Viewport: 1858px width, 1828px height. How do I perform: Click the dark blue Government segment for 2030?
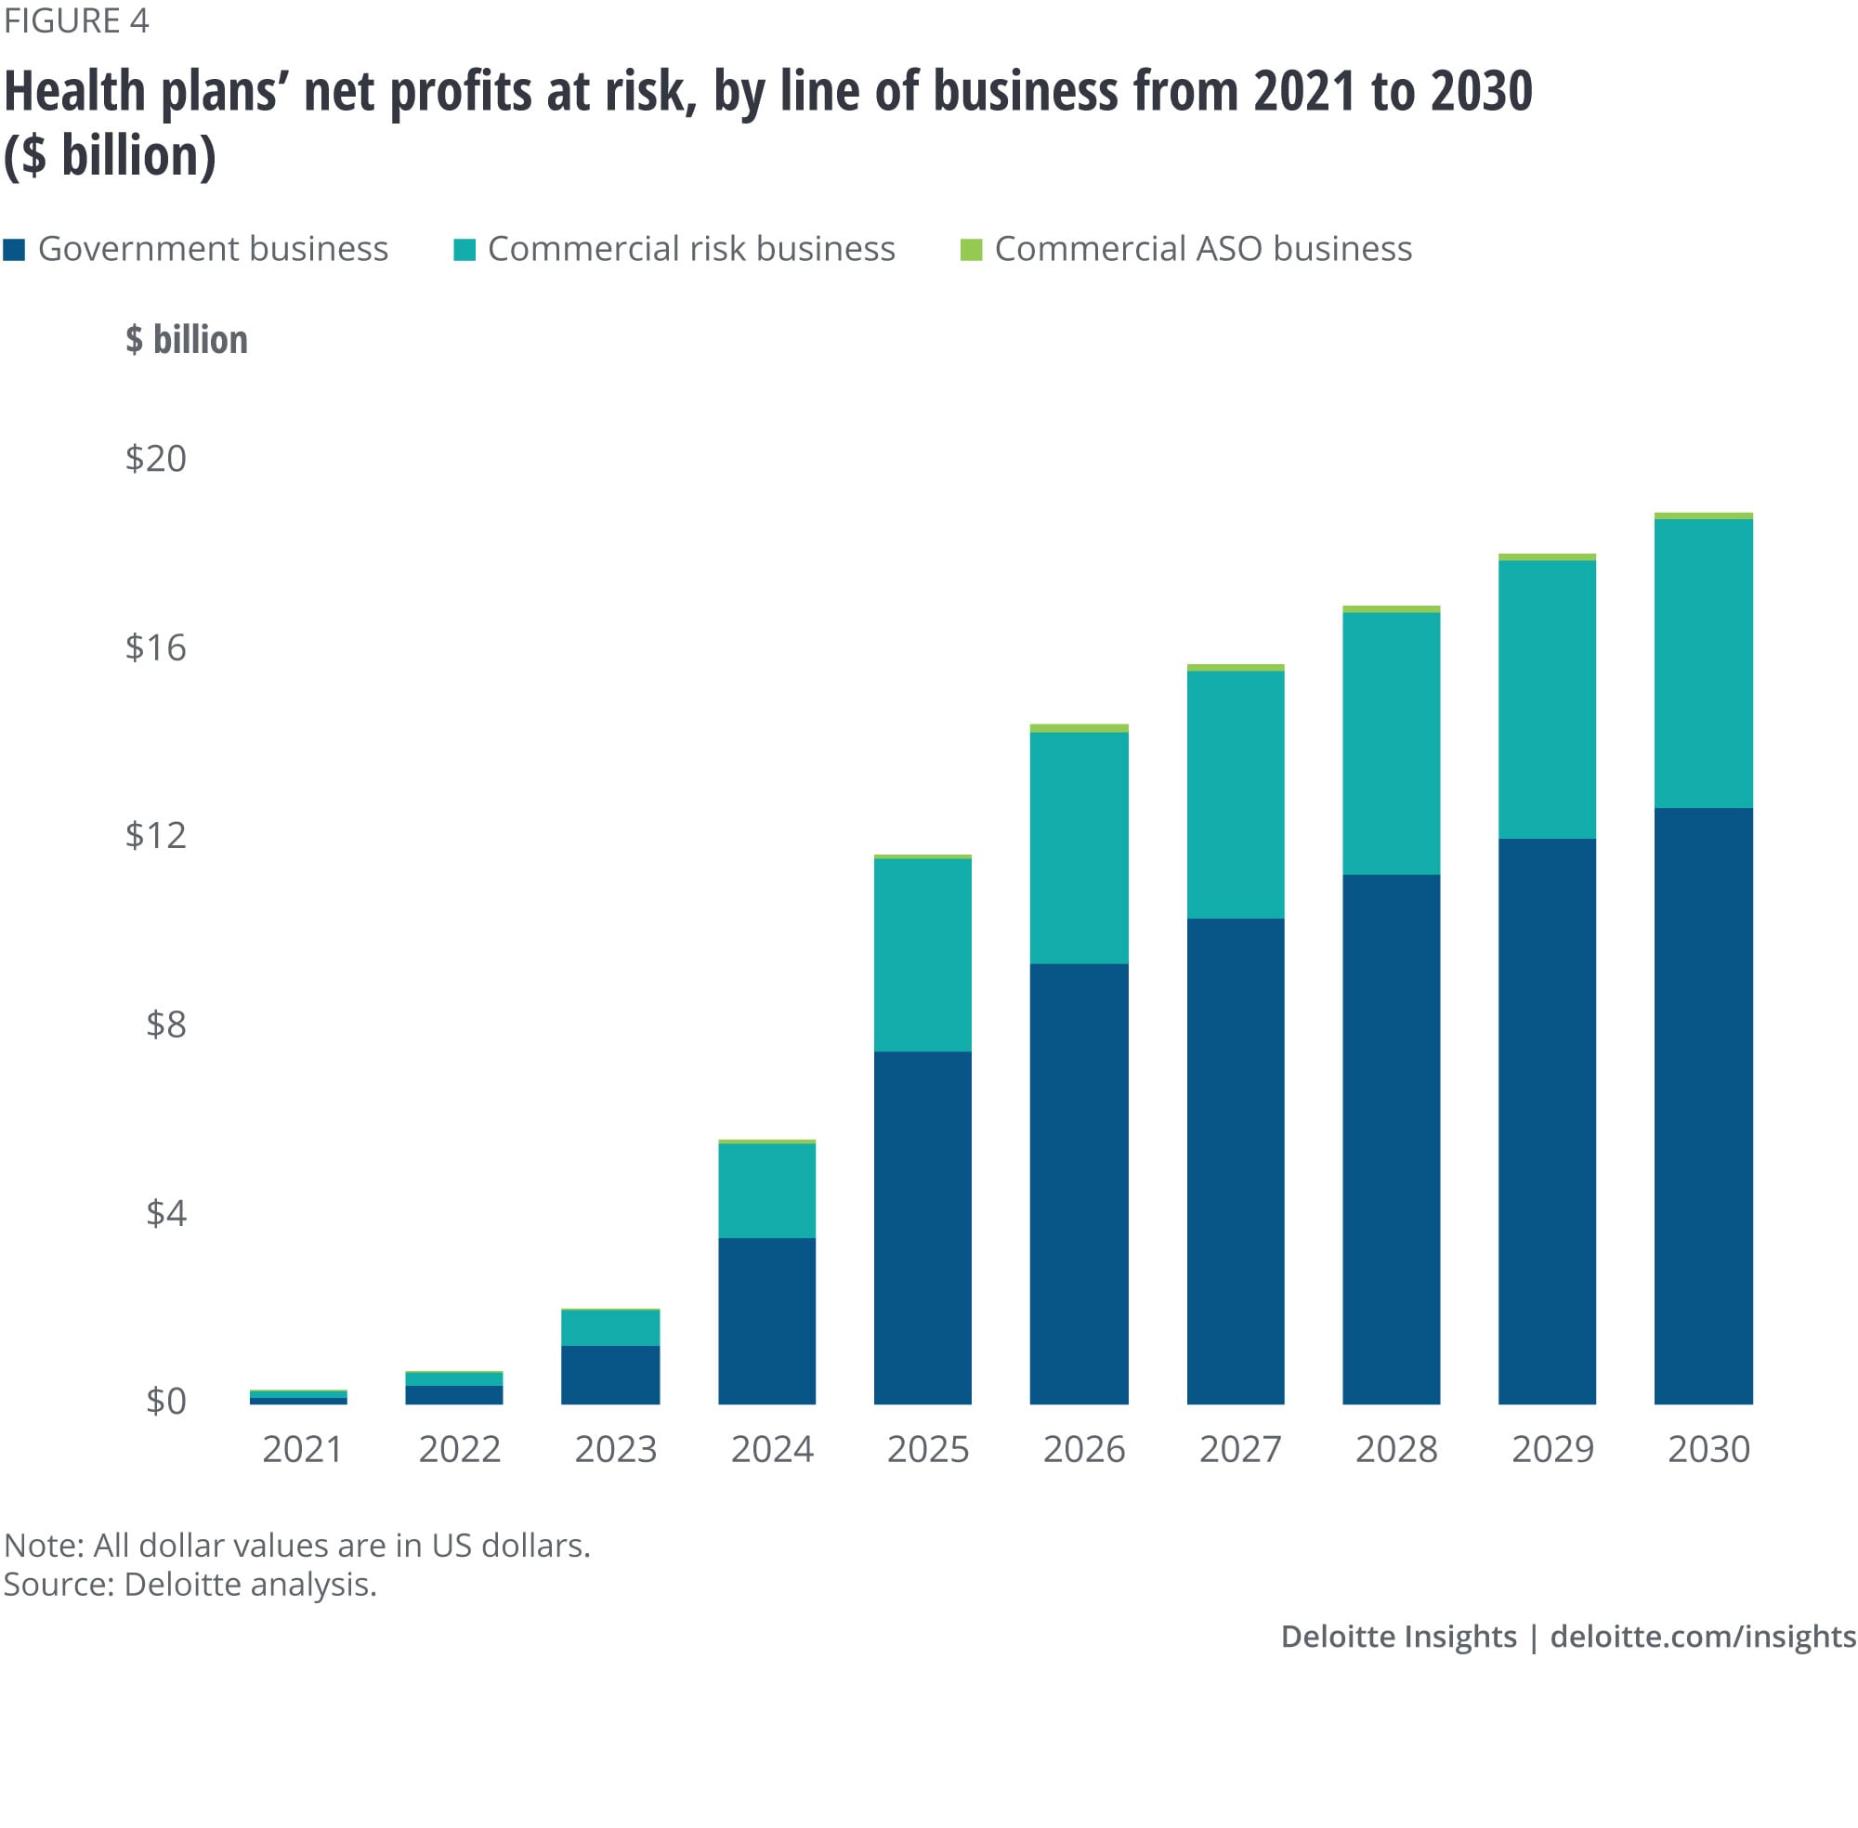click(1702, 1105)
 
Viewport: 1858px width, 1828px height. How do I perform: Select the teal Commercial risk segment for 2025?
click(922, 954)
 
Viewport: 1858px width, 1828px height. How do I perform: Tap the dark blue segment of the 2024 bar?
click(766, 1320)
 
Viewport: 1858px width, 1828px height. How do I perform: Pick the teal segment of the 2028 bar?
click(1391, 742)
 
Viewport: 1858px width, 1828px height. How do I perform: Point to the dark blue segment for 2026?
click(1079, 1182)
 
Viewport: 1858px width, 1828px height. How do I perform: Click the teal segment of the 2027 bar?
click(1235, 794)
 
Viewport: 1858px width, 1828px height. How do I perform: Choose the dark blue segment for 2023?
click(609, 1374)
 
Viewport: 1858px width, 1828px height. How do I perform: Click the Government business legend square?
click(15, 250)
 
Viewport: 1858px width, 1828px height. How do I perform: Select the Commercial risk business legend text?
click(690, 249)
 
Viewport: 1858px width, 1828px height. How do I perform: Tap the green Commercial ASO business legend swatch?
click(970, 250)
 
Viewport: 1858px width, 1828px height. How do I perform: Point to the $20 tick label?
click(155, 458)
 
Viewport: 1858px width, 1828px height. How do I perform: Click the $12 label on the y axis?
click(155, 835)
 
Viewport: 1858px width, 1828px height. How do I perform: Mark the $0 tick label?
click(165, 1401)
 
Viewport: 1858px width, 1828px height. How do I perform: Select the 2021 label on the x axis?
click(303, 1448)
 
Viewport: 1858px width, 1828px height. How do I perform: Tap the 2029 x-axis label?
click(1551, 1448)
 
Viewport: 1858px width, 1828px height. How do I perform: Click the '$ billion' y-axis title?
click(187, 339)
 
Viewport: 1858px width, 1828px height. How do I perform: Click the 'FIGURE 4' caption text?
click(76, 20)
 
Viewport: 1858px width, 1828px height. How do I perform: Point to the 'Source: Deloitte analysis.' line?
click(190, 1583)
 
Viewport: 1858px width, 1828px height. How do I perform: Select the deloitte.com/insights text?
click(1703, 1635)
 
